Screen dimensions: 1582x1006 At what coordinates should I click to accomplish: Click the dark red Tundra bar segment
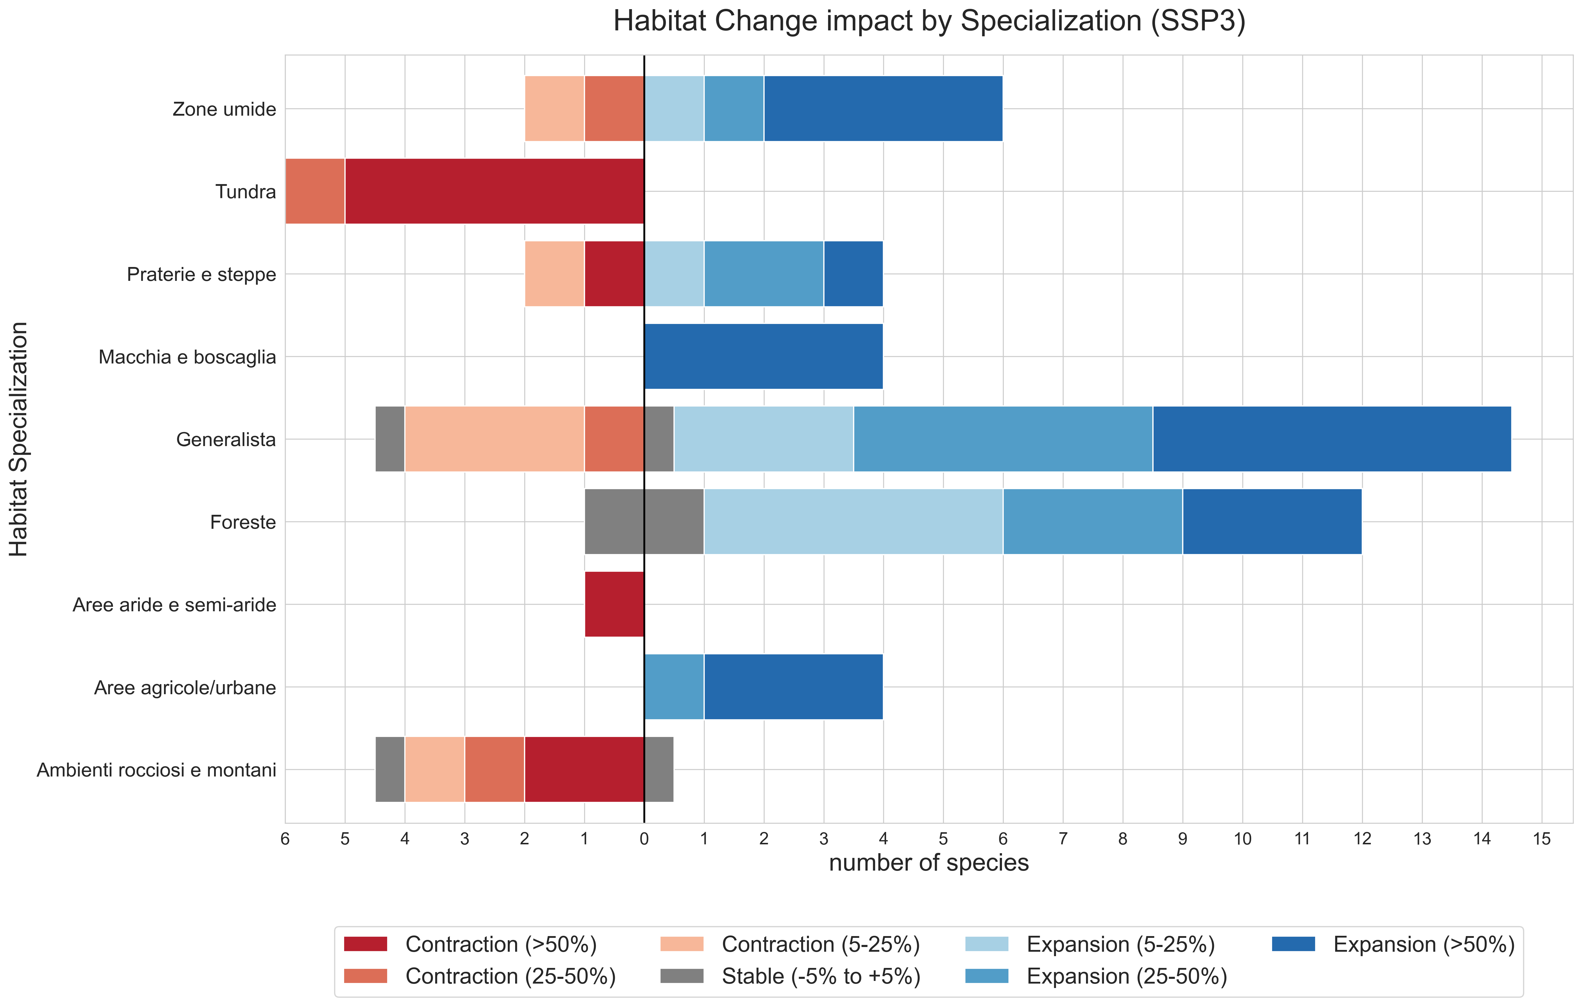(494, 191)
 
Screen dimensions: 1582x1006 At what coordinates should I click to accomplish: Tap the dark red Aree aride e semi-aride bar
(614, 604)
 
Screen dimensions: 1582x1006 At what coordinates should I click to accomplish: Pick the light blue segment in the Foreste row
(853, 522)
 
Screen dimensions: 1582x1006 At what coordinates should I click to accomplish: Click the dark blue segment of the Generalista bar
(1332, 439)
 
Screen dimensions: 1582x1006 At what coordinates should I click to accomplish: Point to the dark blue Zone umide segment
(883, 109)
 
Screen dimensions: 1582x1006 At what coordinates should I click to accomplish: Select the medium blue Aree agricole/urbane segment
(674, 687)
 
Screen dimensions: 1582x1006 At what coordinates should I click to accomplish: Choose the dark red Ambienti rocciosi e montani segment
(584, 769)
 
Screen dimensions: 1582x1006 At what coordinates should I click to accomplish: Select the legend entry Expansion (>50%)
(1393, 944)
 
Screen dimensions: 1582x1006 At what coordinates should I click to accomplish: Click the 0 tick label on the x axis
(644, 839)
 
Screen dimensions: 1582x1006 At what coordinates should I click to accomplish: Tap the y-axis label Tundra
(246, 192)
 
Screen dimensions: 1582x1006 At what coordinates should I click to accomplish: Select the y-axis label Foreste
(243, 522)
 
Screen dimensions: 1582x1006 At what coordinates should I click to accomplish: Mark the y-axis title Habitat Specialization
(18, 439)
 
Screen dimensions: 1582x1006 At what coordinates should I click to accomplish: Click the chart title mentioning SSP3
(929, 21)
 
